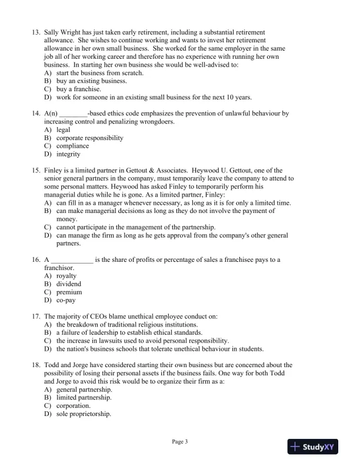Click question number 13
(36, 32)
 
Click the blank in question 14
(73, 113)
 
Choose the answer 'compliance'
(72, 146)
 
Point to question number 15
(36, 170)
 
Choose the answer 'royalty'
(66, 275)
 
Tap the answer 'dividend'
(69, 284)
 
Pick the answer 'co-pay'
(66, 300)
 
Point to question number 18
(36, 365)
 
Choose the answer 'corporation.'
(74, 405)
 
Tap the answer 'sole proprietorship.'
(84, 414)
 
